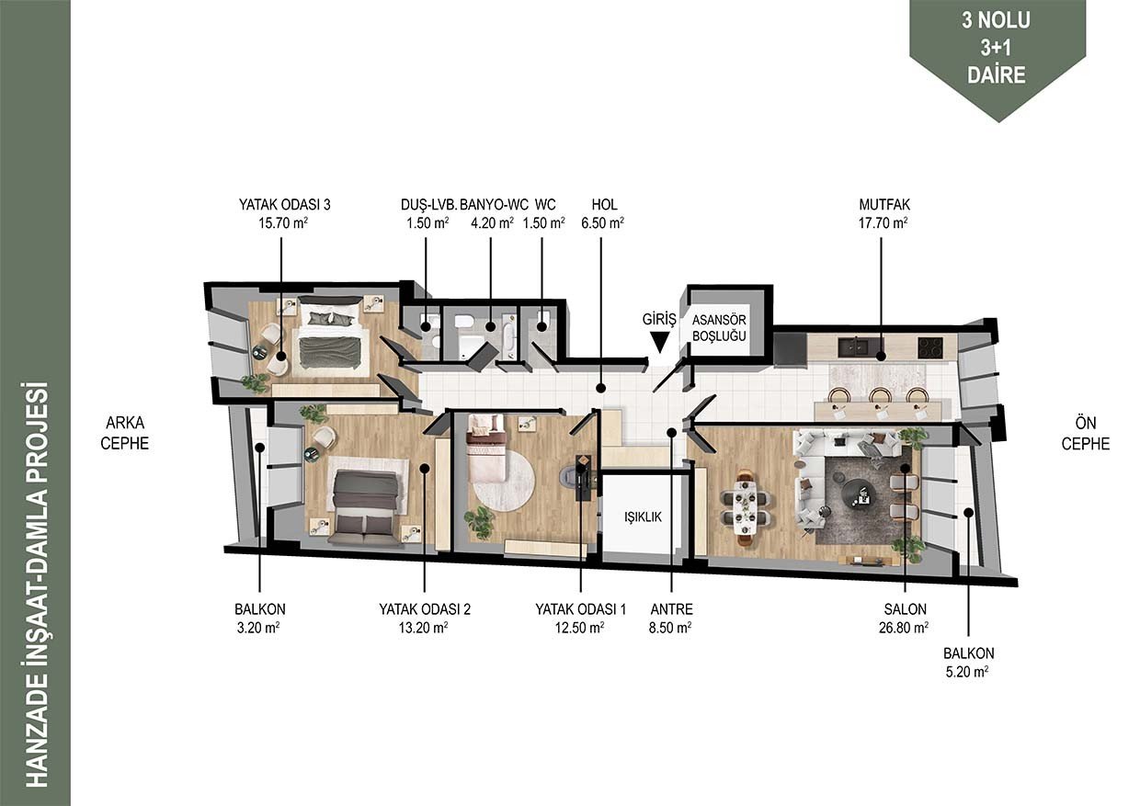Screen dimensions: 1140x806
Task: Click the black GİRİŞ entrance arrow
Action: tap(659, 343)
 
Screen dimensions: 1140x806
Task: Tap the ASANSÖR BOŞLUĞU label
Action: tap(719, 328)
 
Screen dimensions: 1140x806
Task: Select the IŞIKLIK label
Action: tap(643, 517)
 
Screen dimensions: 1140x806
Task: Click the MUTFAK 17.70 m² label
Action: tap(884, 214)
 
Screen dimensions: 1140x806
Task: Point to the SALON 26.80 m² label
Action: tap(905, 619)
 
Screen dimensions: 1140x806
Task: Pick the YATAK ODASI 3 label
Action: tap(284, 214)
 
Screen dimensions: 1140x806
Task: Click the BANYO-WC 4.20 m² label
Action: tap(493, 214)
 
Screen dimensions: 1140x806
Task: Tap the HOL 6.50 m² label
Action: tap(604, 214)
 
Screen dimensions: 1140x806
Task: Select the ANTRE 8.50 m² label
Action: tap(671, 619)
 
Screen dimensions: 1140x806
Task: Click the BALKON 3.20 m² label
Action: tap(259, 619)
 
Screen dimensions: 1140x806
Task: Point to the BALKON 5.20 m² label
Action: tap(968, 663)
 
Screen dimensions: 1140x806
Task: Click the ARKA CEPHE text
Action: tap(125, 433)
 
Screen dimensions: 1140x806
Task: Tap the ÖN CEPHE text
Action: tap(1086, 434)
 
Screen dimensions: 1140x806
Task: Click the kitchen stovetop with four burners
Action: tap(930, 348)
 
